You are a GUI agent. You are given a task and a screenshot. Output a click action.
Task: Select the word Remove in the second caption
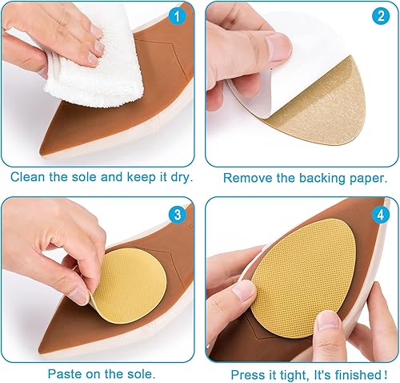(x=246, y=177)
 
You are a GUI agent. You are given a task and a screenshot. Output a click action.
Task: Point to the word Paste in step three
(x=65, y=373)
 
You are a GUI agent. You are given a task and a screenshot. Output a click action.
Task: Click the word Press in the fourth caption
(x=247, y=373)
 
